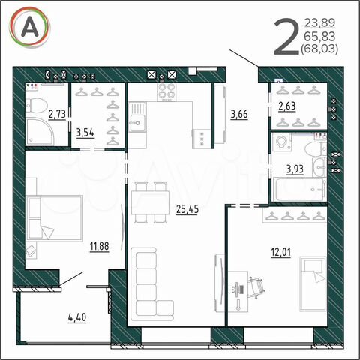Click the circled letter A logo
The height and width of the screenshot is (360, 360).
coord(31,29)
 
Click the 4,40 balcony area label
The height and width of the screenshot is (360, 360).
coord(77,316)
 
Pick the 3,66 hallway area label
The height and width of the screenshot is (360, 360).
coord(238,114)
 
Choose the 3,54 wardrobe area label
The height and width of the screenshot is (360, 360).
coord(85,134)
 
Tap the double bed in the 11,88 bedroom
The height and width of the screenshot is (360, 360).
coord(54,218)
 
